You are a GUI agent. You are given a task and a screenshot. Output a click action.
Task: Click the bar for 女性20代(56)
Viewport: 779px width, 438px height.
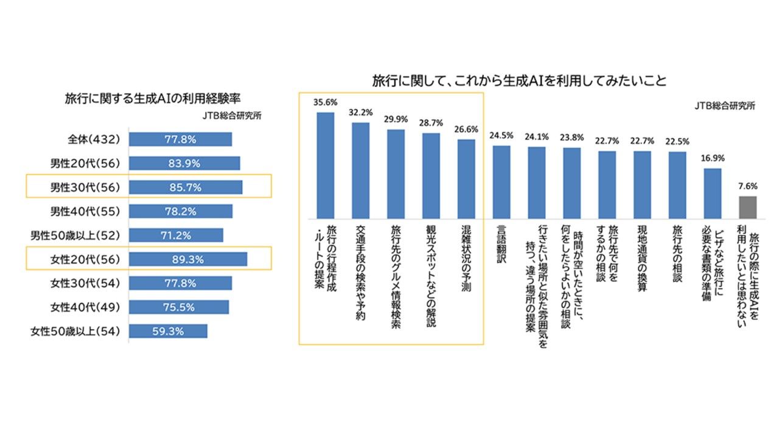point(188,259)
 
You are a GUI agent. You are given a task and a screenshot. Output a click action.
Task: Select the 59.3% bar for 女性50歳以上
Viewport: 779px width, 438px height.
point(168,331)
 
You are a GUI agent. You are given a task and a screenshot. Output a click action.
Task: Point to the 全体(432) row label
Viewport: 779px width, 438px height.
point(94,139)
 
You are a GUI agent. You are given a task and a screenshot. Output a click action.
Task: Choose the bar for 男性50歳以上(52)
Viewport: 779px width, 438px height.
point(176,235)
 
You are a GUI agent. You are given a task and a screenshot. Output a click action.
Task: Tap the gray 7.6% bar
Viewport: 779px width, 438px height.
point(748,207)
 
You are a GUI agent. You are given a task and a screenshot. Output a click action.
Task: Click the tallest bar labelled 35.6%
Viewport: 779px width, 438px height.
point(326,165)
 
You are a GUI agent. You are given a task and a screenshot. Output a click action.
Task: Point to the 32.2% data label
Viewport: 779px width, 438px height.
point(360,113)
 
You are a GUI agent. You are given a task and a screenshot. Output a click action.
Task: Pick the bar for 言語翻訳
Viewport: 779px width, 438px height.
point(501,182)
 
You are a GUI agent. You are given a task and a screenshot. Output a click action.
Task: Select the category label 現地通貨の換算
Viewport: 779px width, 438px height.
point(642,259)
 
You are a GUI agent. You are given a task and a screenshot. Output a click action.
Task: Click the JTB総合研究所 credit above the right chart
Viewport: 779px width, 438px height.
point(725,105)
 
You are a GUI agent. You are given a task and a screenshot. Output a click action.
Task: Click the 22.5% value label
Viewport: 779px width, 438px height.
point(677,142)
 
